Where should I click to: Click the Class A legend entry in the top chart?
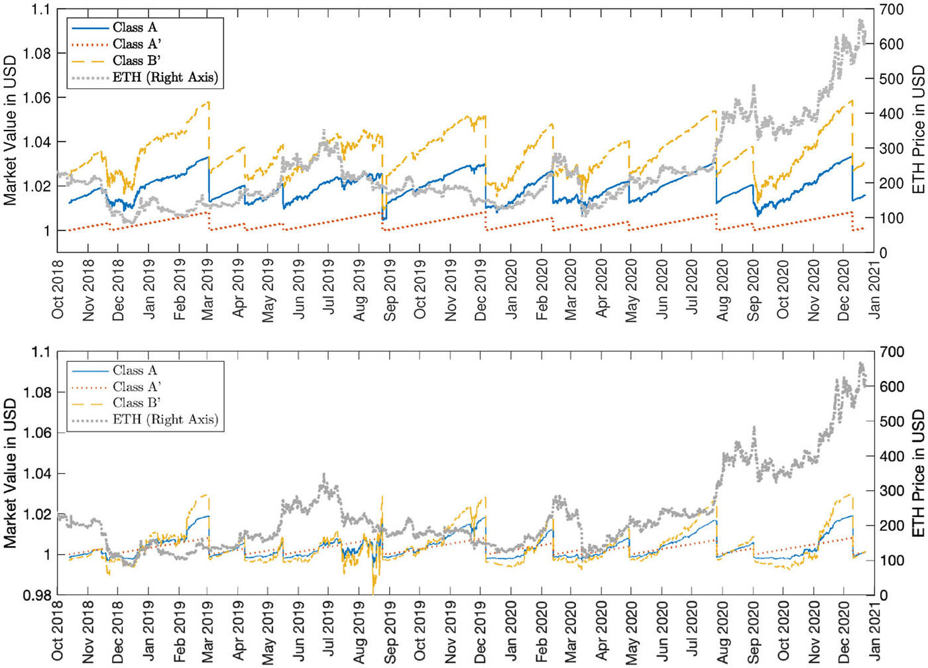(135, 27)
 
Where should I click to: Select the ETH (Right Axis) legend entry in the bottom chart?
(165, 419)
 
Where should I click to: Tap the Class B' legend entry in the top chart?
(137, 60)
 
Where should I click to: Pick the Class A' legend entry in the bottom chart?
(137, 386)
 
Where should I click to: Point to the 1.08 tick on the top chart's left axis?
(37, 54)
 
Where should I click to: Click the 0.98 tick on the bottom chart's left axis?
(37, 596)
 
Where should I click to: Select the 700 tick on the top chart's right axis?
(892, 10)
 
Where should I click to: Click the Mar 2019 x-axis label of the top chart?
(208, 290)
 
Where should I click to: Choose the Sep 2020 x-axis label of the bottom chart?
(754, 633)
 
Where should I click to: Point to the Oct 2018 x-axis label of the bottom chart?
(58, 633)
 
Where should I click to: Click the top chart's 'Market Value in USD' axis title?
(10, 131)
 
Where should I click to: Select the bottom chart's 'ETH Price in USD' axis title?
(918, 473)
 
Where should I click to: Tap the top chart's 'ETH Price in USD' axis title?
(918, 130)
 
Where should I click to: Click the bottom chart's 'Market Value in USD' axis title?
(10, 473)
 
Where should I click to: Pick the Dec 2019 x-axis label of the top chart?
(481, 290)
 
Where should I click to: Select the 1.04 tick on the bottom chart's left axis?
(37, 474)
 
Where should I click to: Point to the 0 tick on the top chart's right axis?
(884, 252)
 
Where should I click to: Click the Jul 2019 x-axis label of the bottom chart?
(329, 633)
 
